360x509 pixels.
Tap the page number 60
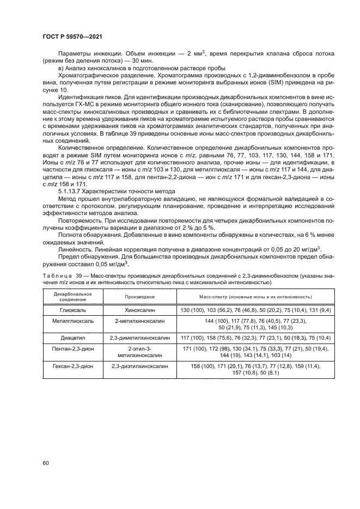(45, 463)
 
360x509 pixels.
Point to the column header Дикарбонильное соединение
(72, 297)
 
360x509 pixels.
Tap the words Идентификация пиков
(84, 97)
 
